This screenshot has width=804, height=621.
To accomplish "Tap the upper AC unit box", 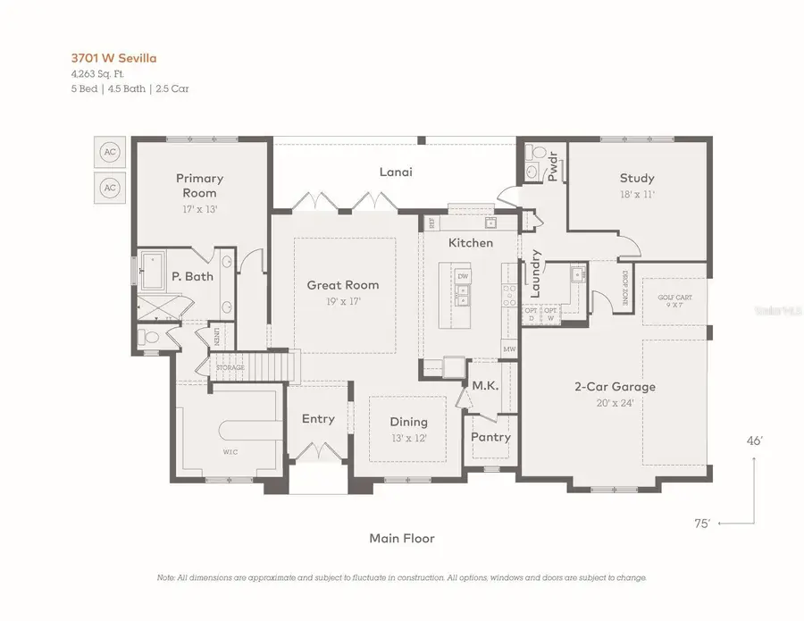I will tap(110, 153).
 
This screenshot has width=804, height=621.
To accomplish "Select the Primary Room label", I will tap(199, 185).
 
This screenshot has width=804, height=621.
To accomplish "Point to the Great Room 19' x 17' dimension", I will tap(343, 301).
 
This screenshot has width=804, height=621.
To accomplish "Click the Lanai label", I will tap(396, 172).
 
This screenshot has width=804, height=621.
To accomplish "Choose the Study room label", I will tap(637, 178).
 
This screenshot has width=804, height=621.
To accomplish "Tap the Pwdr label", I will tap(552, 166).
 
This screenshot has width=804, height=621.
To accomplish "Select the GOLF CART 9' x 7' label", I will tap(675, 301).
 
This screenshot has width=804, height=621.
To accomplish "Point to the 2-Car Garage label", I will tap(615, 387).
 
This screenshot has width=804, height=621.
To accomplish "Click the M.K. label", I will tap(485, 385).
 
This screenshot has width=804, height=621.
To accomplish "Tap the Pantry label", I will tap(490, 437).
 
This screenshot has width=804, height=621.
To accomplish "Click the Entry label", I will tap(318, 419).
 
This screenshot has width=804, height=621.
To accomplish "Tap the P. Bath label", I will tap(192, 277).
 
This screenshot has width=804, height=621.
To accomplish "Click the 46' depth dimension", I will tap(755, 441).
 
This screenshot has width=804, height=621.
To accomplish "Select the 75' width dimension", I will tap(702, 524).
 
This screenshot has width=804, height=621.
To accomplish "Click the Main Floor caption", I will tap(402, 538).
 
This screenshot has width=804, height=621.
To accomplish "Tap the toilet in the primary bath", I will tap(151, 338).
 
